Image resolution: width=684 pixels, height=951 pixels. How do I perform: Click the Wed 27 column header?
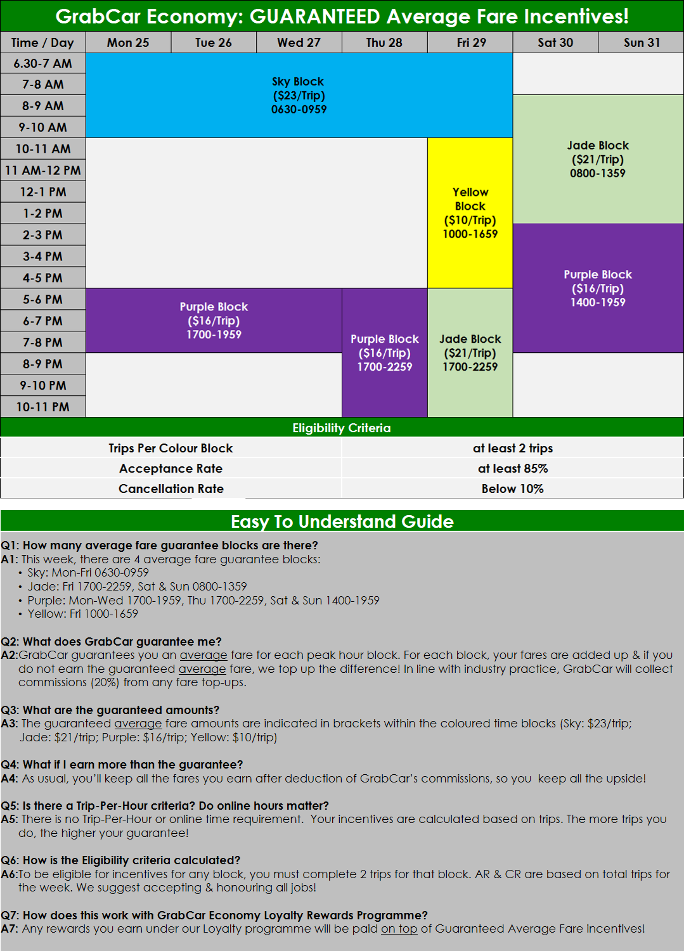(x=299, y=42)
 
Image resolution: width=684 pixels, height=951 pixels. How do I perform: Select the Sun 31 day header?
(x=641, y=42)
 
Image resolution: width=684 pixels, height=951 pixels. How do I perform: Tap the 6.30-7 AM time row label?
(x=42, y=63)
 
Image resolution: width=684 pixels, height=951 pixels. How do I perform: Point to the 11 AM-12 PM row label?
(x=42, y=170)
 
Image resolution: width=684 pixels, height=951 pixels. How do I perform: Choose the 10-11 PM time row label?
(x=42, y=407)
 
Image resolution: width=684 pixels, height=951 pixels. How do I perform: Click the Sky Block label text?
(x=298, y=82)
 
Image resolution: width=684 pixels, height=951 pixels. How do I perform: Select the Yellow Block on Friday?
(x=470, y=213)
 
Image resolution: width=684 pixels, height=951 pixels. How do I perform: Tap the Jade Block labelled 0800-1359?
(x=598, y=159)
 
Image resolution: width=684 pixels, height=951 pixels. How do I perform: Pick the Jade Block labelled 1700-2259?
(x=470, y=353)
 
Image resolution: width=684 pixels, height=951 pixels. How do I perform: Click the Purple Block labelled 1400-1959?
(x=598, y=288)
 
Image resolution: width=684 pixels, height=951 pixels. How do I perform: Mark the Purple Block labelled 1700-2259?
(x=384, y=353)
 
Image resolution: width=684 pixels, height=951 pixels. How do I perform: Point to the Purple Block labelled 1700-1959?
(x=214, y=321)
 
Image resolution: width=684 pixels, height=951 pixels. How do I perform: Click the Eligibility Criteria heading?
(x=342, y=428)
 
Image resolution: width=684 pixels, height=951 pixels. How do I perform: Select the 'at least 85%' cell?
(x=513, y=468)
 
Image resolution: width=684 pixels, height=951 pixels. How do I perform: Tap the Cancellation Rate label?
(x=171, y=488)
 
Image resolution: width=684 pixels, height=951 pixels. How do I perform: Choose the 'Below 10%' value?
(x=513, y=488)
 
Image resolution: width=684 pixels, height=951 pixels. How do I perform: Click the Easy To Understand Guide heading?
(x=342, y=521)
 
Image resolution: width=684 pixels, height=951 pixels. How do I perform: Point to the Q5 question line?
(x=165, y=805)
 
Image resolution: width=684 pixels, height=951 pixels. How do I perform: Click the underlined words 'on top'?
(x=399, y=928)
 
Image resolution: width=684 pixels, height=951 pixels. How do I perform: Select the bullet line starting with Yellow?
(x=82, y=613)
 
